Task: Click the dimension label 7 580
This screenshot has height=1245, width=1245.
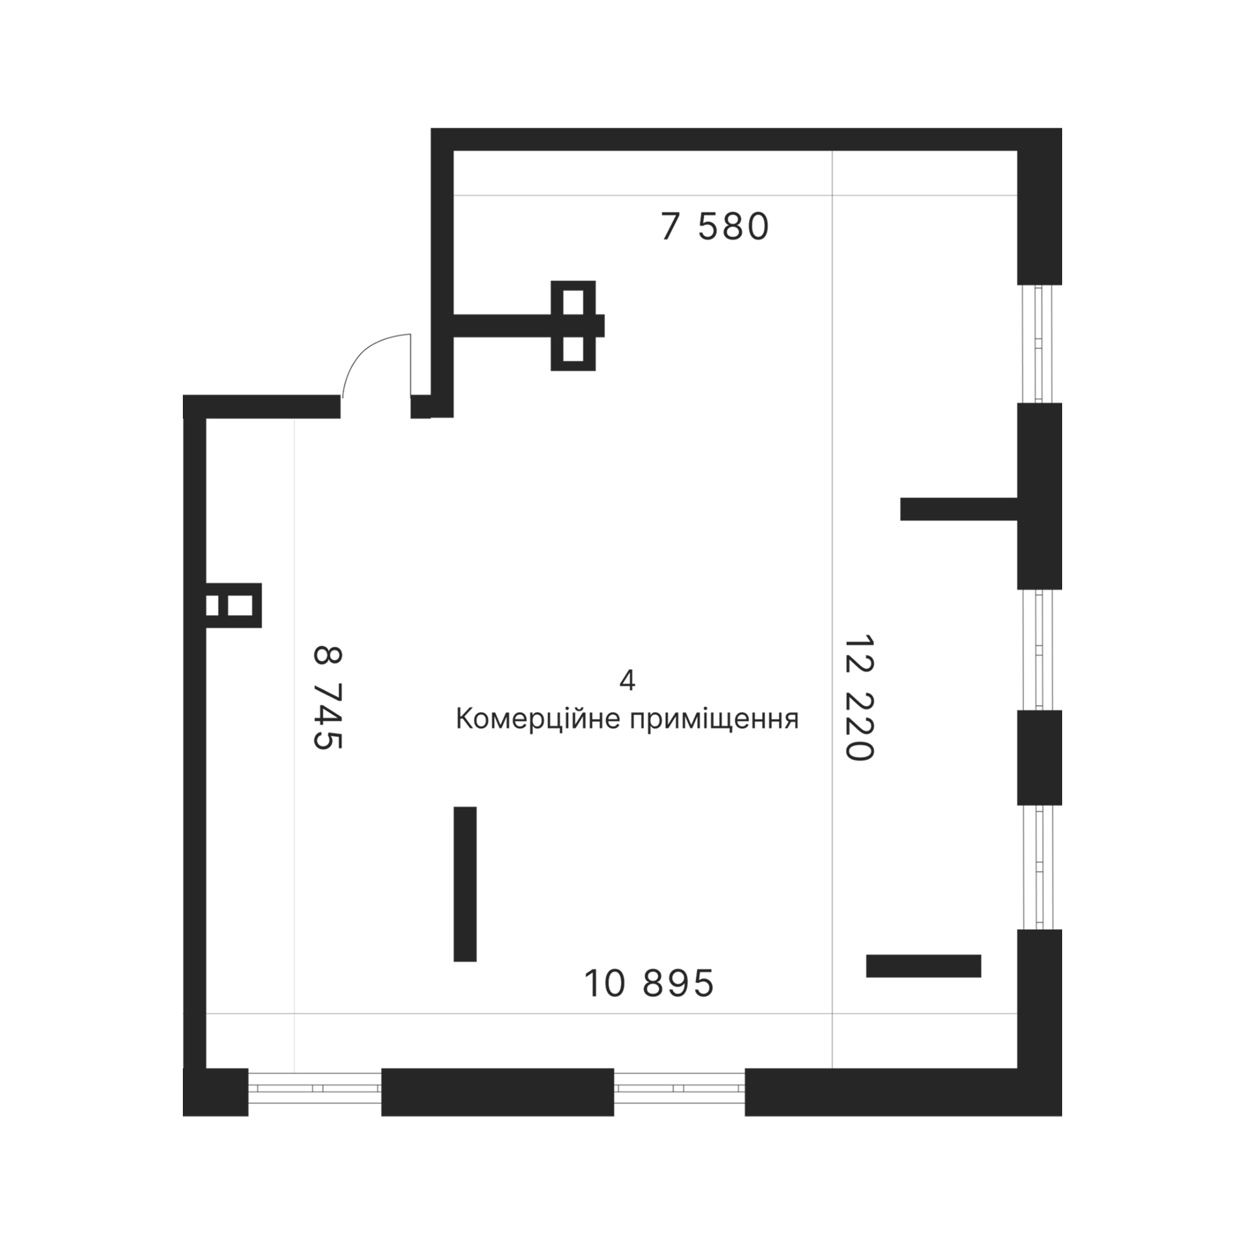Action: [715, 227]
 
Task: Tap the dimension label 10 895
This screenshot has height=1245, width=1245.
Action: [649, 983]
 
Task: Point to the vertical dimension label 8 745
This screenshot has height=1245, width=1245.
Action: [327, 698]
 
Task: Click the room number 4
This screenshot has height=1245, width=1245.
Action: [627, 680]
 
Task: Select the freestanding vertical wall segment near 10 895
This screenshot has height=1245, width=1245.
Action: [465, 884]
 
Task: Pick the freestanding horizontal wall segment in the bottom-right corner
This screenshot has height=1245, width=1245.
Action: [923, 966]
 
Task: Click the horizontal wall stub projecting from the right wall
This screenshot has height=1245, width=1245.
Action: [958, 509]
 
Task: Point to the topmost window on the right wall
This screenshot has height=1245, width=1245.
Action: [1039, 344]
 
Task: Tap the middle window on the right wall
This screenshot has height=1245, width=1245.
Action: [1039, 650]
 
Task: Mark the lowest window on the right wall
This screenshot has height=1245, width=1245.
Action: [1039, 867]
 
